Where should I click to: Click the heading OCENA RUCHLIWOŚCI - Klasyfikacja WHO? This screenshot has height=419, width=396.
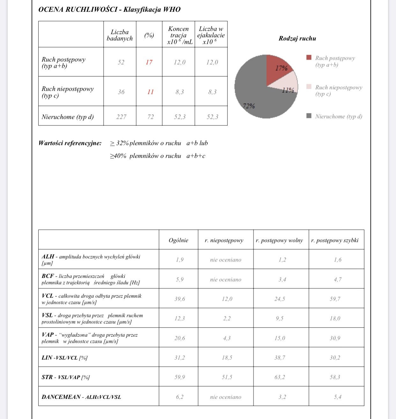point(109,9)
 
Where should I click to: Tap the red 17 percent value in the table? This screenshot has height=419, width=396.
point(149,62)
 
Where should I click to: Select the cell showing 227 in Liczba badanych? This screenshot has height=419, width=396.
point(121,117)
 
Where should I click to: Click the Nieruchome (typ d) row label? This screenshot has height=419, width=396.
point(68,117)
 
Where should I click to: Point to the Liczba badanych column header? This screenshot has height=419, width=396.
point(120,35)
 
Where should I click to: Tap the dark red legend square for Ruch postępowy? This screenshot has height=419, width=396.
point(309,57)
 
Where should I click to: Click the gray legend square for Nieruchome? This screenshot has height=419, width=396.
point(309,116)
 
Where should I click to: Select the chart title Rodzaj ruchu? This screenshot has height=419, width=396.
point(297,39)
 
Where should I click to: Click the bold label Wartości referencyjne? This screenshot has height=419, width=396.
point(70,143)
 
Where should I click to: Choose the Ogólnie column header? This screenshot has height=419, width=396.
point(178,240)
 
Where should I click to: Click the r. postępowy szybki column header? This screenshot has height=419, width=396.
point(335,240)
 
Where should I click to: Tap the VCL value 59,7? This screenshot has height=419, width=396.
point(335,299)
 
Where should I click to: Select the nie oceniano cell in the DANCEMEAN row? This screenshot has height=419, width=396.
point(225,397)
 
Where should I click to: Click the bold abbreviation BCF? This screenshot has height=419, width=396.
point(48,276)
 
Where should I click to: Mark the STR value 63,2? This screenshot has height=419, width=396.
point(280,377)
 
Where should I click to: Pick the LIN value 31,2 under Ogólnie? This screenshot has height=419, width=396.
point(180,358)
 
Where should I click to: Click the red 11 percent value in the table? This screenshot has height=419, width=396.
point(150,92)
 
